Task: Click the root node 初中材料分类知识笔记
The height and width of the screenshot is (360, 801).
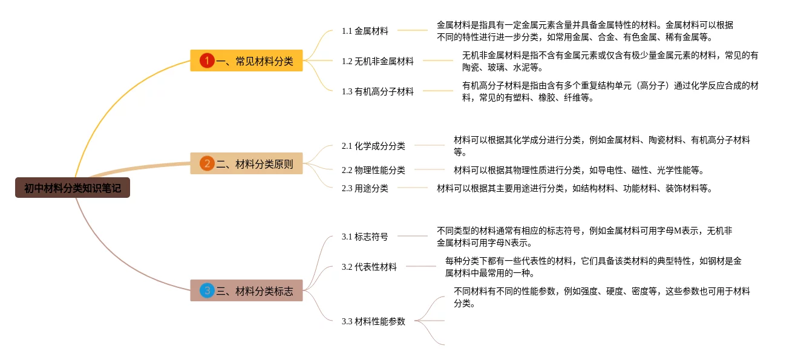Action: click(x=73, y=188)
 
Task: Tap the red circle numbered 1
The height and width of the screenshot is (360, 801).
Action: click(x=208, y=61)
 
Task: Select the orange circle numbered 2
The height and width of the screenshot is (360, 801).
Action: click(x=208, y=163)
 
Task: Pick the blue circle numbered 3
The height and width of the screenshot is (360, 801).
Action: click(x=208, y=291)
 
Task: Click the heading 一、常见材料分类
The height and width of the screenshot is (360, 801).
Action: click(x=255, y=61)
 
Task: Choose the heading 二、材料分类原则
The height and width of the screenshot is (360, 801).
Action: click(x=255, y=163)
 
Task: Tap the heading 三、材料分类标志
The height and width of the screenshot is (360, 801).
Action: click(x=255, y=291)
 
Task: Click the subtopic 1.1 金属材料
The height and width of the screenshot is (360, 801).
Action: click(x=365, y=31)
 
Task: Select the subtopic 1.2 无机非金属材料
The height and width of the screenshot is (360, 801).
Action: click(x=378, y=61)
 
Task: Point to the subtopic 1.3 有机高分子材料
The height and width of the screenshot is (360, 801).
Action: click(x=378, y=91)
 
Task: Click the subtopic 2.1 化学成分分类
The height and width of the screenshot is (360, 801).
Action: click(x=373, y=146)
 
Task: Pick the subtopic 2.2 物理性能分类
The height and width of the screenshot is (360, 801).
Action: click(x=373, y=170)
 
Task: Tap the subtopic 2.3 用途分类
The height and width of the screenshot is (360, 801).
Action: click(x=365, y=188)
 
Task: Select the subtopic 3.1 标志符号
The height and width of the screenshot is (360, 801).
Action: click(x=365, y=237)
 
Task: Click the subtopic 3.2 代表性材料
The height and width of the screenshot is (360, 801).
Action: click(x=369, y=267)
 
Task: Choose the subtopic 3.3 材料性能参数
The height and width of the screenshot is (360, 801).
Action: click(x=373, y=321)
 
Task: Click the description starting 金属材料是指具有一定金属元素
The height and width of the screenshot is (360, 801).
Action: click(x=585, y=31)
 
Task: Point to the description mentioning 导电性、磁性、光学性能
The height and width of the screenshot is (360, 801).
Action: click(x=578, y=170)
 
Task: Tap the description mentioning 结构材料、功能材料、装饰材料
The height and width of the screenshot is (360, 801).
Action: click(x=574, y=188)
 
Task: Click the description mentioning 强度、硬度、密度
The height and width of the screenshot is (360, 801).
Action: click(x=601, y=297)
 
